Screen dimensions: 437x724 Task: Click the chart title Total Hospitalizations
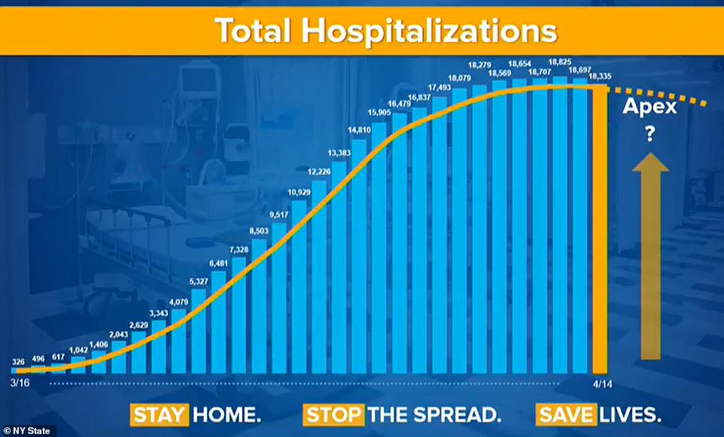[385, 30]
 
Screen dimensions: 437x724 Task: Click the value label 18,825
[560, 62]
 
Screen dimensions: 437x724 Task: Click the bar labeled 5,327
[199, 331]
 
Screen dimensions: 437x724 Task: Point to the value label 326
[20, 362]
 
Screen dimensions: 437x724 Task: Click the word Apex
[650, 107]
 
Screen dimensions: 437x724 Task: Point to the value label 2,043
[119, 334]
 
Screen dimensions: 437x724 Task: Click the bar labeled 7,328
[239, 316]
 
